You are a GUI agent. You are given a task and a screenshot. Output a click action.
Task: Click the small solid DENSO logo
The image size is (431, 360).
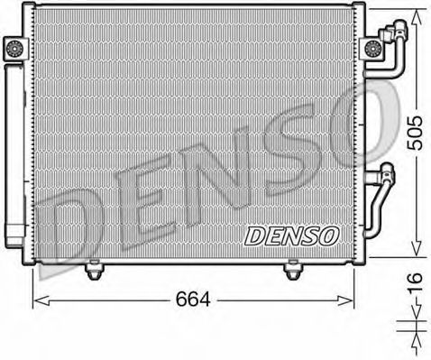[290, 235]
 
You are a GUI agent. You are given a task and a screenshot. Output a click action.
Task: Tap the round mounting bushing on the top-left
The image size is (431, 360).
[14, 51]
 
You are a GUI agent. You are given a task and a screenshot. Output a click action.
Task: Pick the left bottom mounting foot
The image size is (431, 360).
[94, 268]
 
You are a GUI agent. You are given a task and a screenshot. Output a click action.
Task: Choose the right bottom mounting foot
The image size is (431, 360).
[292, 268]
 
